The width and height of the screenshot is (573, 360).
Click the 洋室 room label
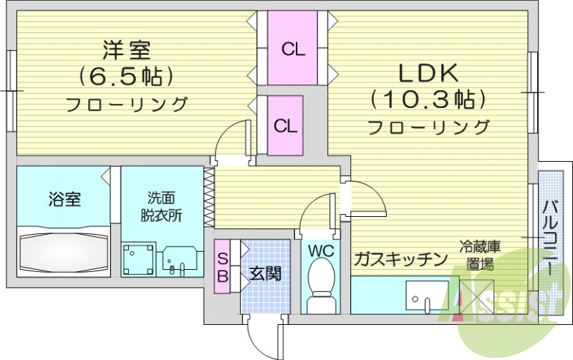pyautogui.click(x=127, y=51)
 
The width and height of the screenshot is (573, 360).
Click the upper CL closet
pyautogui.click(x=293, y=49)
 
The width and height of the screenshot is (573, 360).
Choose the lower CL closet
pyautogui.click(x=286, y=126)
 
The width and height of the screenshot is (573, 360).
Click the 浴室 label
pyautogui.click(x=64, y=200)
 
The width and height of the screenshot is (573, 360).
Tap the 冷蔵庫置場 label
pyautogui.click(x=479, y=256)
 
